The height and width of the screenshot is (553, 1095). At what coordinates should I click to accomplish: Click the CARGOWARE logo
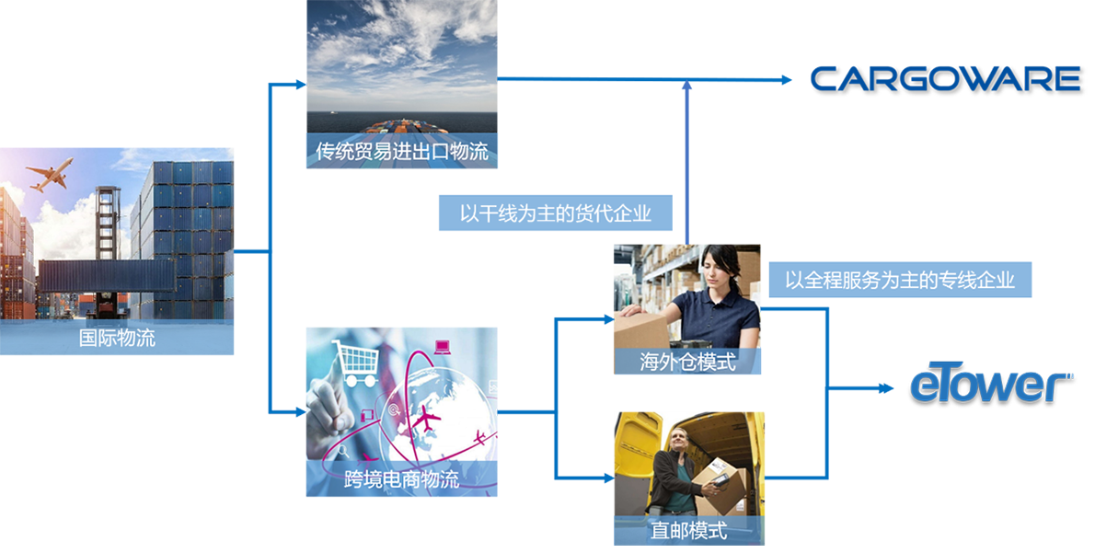tap(946, 79)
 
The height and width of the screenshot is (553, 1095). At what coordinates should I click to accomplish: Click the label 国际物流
tap(117, 338)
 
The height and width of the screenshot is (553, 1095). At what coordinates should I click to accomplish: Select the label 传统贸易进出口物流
tap(402, 152)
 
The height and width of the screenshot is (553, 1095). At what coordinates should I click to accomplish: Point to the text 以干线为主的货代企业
tap(555, 214)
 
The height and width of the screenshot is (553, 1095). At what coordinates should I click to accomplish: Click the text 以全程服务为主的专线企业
tap(899, 280)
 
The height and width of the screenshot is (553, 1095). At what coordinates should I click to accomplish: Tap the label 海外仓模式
tap(687, 362)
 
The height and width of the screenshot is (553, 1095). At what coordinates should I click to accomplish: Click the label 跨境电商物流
tap(400, 479)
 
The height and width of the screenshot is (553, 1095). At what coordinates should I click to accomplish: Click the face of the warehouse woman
tap(716, 266)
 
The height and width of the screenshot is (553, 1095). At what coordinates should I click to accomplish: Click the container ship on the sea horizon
tap(397, 127)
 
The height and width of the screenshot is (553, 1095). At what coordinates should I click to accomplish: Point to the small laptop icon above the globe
tap(442, 347)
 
